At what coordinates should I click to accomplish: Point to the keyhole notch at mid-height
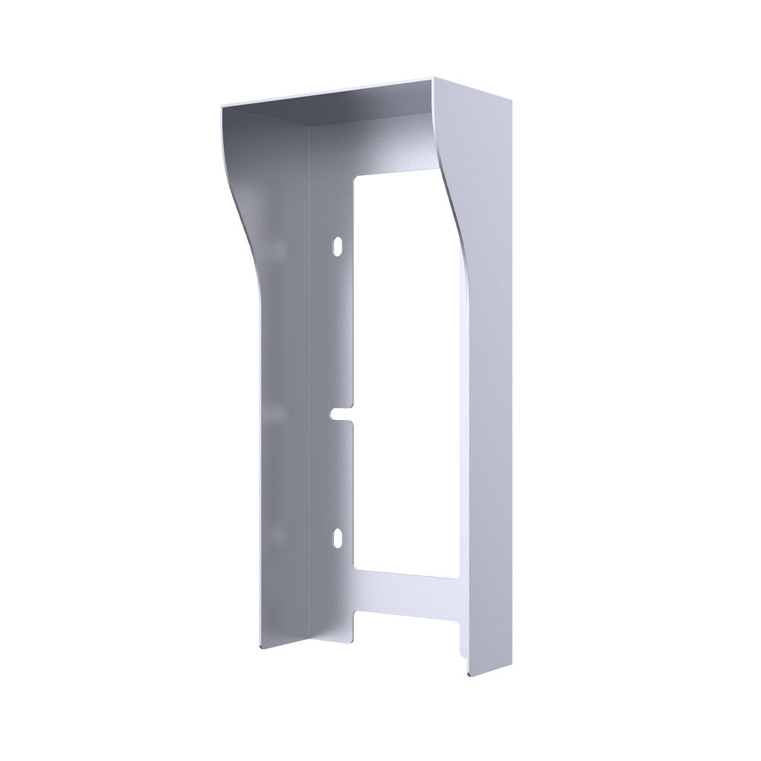pyautogui.click(x=341, y=415)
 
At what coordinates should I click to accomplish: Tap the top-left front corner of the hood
pyautogui.click(x=222, y=107)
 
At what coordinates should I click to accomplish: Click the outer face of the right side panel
pyautogui.click(x=491, y=380)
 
